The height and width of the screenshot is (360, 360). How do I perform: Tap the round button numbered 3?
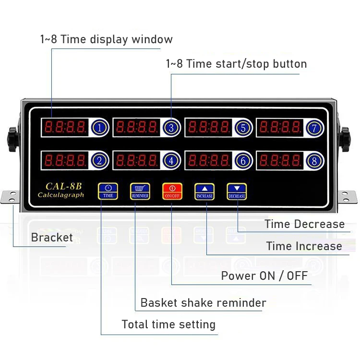pos(171,128)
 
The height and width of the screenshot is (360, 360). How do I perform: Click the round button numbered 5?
pos(243,128)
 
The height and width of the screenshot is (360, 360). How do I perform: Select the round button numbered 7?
pos(314,128)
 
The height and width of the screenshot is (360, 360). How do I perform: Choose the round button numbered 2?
pos(99,161)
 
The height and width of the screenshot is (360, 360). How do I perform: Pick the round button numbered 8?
pos(314,161)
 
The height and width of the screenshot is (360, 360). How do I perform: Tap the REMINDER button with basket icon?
pos(140,191)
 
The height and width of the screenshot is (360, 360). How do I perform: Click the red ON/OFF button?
pos(172,191)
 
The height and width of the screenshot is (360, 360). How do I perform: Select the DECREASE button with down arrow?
pos(237,191)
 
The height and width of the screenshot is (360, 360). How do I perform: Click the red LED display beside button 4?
pos(137,160)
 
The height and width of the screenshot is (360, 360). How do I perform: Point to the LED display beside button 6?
pos(209,160)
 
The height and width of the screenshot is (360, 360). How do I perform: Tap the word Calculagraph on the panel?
pos(61,195)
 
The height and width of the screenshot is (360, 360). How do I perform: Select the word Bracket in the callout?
pos(52,237)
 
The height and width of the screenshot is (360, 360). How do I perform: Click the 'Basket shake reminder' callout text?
pos(203,303)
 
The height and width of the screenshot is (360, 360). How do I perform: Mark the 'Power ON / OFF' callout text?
pos(264,276)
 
